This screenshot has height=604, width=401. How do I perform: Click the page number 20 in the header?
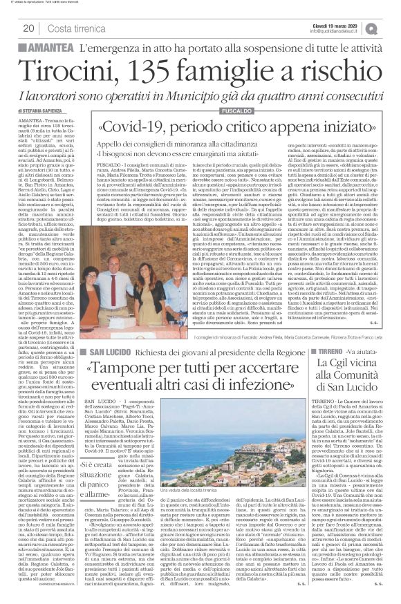(x=28, y=28)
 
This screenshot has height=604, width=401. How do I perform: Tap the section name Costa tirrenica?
(x=77, y=28)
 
